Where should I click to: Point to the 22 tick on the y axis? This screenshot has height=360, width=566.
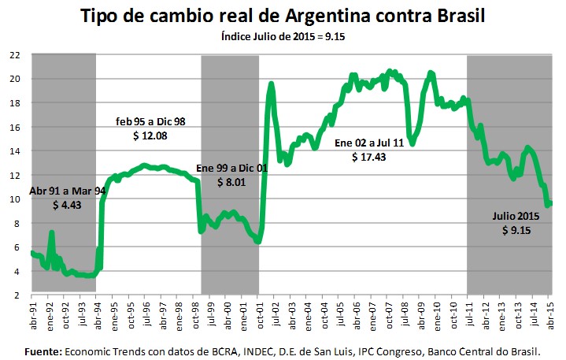tap(14, 54)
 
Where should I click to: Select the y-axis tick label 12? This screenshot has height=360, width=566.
tap(14, 175)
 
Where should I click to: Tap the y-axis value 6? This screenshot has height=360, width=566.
tap(17, 247)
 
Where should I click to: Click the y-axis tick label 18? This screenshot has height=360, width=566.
tap(14, 102)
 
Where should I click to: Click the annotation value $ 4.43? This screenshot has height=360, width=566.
tap(66, 205)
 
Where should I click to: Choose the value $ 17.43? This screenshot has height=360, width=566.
tap(369, 158)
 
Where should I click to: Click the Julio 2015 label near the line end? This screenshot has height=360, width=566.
tap(516, 216)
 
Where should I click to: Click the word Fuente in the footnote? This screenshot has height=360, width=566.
tap(43, 349)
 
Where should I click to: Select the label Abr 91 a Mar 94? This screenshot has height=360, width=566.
tap(67, 191)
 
